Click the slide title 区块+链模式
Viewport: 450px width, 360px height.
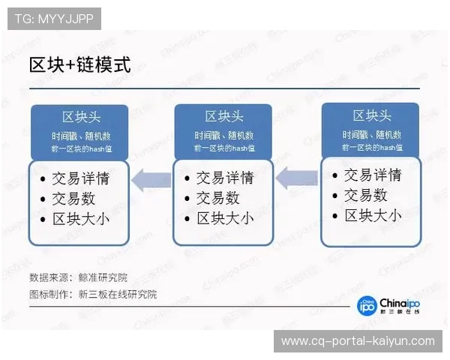79,64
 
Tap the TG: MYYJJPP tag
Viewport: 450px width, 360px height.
53,19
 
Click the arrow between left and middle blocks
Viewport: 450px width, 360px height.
152,179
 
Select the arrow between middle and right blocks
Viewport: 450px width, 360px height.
297,178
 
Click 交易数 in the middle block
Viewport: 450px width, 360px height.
217,198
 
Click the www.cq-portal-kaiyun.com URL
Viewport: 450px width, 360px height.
358,341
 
